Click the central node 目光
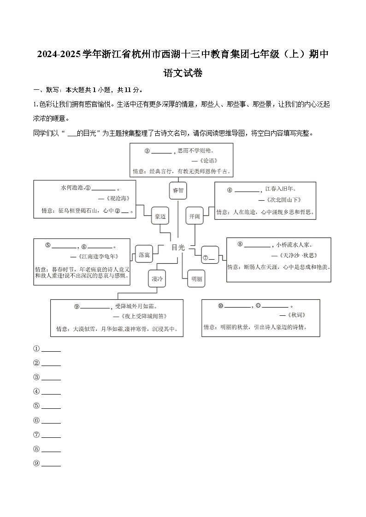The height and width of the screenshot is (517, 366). (177, 247)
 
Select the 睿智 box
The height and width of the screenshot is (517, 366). (178, 190)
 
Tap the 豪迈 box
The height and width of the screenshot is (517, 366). (160, 215)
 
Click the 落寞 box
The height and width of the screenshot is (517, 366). (144, 254)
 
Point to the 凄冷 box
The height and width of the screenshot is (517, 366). (157, 279)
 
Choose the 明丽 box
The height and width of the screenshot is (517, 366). (196, 279)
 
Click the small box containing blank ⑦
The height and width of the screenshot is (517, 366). (209, 258)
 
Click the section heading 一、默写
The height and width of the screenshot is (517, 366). (44, 90)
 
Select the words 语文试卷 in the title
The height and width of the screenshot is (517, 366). (183, 73)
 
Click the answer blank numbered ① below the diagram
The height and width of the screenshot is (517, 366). (51, 349)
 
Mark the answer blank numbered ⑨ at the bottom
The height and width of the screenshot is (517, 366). (51, 464)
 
